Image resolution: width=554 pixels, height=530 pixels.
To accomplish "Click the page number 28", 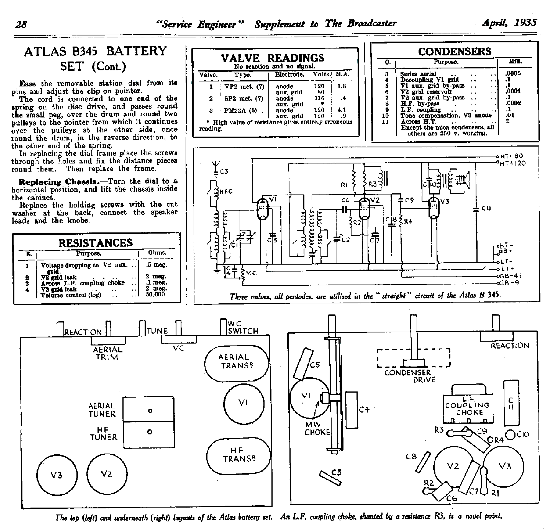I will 21,24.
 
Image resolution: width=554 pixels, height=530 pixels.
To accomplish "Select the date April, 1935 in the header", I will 509,23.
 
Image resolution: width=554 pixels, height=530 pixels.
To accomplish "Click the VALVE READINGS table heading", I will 272,58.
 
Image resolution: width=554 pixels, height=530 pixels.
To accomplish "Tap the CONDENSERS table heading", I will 455,52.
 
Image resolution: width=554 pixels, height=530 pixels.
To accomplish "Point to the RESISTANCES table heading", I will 96,243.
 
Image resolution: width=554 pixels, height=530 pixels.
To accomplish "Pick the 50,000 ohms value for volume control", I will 155,294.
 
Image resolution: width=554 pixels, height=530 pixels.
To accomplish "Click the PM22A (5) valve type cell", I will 241,110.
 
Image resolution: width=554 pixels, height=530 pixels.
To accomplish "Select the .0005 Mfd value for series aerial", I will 513,73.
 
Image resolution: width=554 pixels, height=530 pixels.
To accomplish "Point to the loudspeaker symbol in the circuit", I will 462,180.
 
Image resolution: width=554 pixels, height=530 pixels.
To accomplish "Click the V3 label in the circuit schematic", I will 444,201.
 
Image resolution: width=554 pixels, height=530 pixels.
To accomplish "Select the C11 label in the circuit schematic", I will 486,208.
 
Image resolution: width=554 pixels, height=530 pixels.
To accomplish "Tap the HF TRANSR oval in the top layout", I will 238,455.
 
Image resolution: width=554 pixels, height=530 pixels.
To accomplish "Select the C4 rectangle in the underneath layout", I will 351,409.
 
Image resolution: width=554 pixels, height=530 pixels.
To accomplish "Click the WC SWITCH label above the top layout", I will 243,327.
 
